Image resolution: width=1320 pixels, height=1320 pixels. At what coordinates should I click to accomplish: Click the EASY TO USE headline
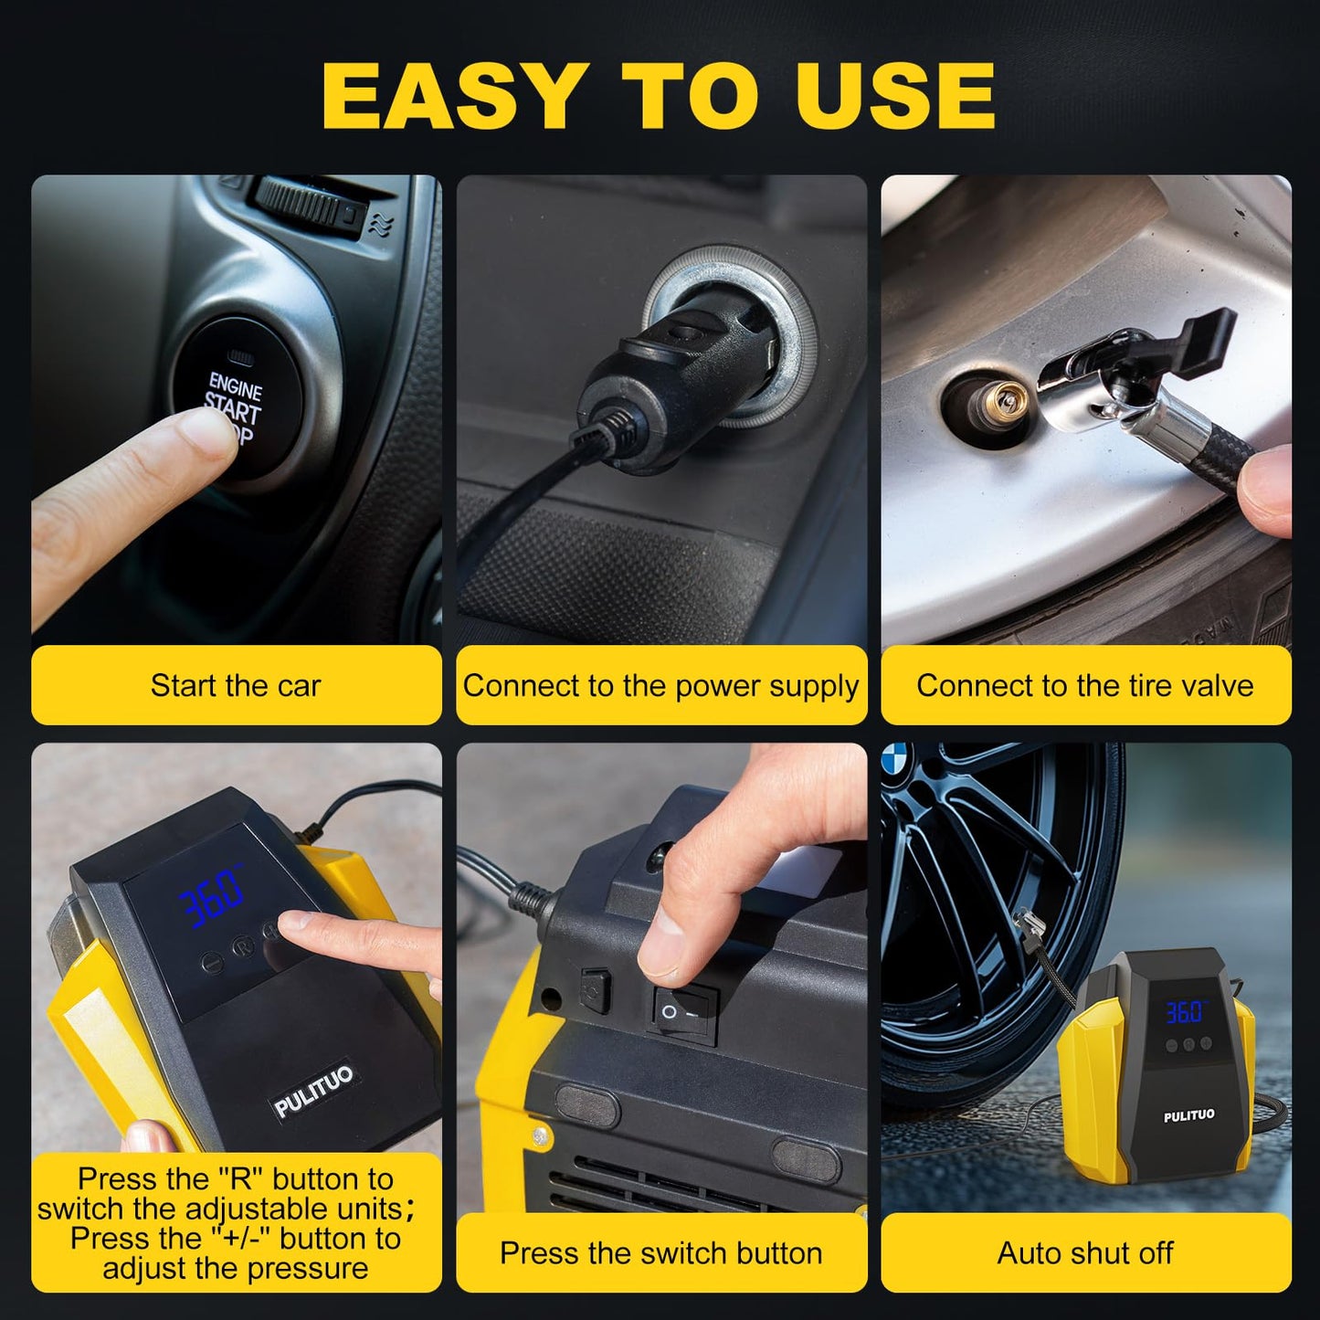click(x=659, y=97)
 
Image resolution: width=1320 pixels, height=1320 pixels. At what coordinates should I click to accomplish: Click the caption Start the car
click(x=236, y=685)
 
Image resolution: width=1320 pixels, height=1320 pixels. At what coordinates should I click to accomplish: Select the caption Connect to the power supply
click(x=660, y=685)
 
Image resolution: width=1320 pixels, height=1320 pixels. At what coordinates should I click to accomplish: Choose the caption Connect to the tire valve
click(x=1085, y=685)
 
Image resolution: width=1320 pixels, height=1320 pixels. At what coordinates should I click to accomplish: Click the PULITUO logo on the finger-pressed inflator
click(x=313, y=1091)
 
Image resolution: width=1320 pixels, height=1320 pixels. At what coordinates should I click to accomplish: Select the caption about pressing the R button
click(x=236, y=1223)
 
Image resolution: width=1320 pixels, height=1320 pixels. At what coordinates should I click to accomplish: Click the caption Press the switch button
click(x=660, y=1252)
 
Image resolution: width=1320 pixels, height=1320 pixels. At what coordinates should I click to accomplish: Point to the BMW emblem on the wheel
click(x=896, y=757)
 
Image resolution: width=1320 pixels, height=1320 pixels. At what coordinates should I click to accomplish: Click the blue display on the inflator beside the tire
click(x=1185, y=1011)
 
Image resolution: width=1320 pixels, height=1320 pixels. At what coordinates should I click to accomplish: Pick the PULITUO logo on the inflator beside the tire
click(x=1188, y=1115)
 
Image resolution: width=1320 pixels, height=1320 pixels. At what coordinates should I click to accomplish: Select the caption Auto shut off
click(x=1085, y=1252)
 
